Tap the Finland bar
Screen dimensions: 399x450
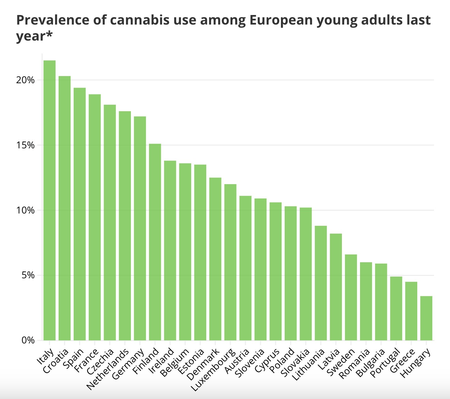155,242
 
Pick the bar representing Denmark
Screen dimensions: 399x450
215,259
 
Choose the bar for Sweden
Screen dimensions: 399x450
351,297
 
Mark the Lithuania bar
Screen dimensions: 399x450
321,283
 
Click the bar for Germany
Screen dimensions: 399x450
140,228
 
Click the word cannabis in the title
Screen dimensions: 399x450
140,20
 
